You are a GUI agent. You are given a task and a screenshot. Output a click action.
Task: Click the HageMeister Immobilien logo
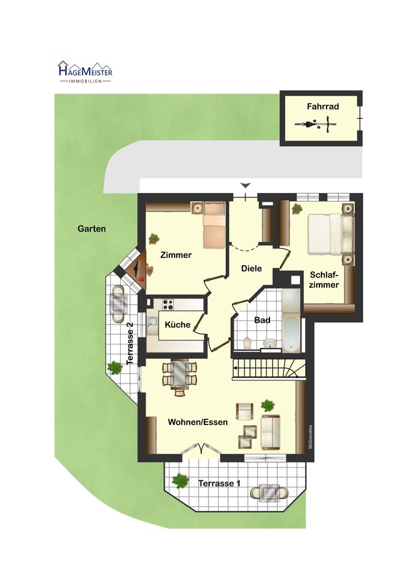85,71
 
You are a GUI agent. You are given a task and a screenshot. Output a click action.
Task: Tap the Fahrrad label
323,107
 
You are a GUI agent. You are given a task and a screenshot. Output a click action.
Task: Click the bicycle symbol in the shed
316,123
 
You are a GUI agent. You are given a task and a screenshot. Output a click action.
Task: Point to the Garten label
92,229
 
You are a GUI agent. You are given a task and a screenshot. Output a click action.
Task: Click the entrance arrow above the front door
245,185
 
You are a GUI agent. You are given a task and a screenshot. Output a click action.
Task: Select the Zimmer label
176,255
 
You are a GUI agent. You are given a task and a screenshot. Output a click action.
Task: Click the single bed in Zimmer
214,225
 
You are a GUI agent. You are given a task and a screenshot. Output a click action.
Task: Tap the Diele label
251,268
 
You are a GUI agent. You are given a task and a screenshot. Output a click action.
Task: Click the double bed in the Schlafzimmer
331,234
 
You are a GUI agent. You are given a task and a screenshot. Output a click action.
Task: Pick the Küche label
177,324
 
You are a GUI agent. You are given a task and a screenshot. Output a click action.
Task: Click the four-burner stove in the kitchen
168,305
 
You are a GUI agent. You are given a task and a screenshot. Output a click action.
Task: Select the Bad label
262,320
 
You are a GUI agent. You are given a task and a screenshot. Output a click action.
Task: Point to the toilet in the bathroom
247,343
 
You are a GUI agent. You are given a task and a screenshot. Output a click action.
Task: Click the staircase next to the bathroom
269,369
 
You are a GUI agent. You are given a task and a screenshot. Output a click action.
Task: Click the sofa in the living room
271,432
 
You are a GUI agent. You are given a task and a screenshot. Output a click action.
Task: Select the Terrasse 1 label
219,484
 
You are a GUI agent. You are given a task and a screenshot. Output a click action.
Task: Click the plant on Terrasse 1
181,480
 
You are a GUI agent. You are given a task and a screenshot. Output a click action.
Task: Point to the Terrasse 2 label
130,343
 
